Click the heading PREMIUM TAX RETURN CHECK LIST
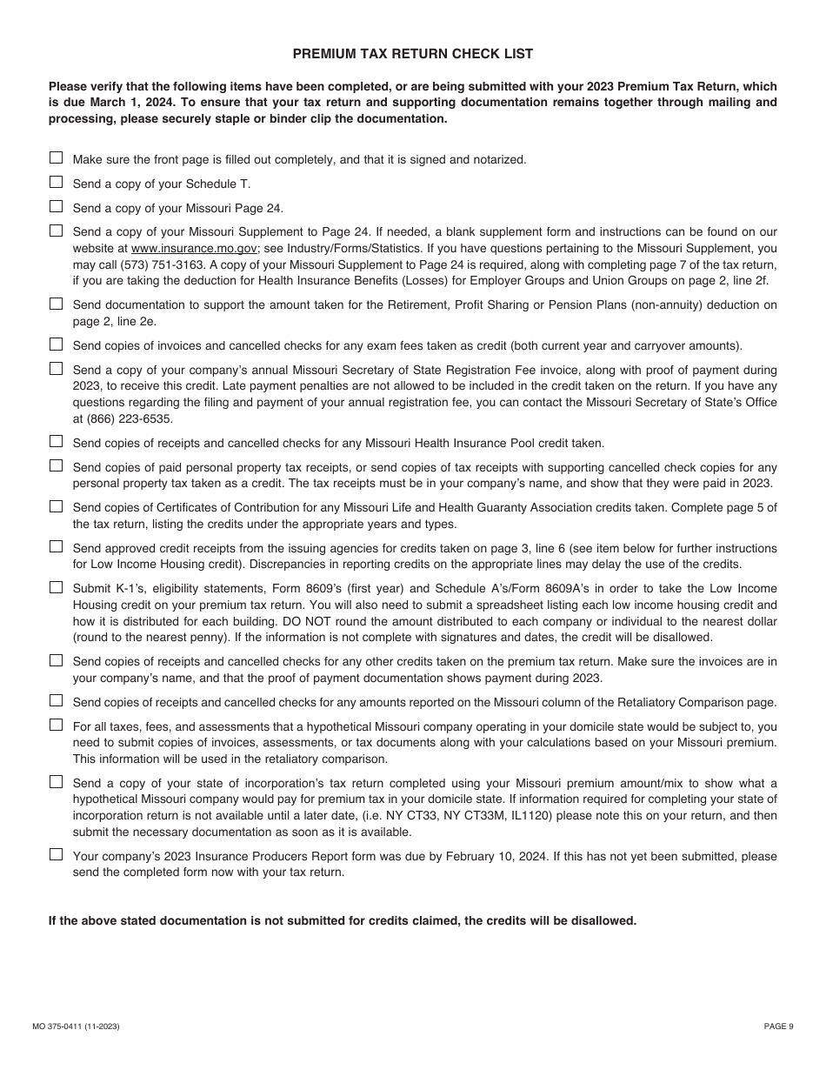(412, 54)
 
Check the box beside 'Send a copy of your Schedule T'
(57, 183)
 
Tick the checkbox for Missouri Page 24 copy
(57, 207)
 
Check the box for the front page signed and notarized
(57, 158)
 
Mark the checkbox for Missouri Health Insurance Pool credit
(57, 442)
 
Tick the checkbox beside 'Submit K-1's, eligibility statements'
(57, 587)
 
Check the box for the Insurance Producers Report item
(57, 855)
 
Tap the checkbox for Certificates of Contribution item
(57, 506)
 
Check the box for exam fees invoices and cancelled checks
(57, 344)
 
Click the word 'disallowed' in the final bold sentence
(604, 920)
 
